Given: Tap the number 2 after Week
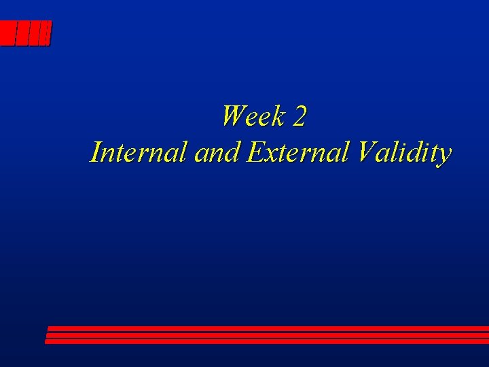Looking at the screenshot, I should pos(300,118).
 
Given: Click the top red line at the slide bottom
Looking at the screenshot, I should pos(268,328).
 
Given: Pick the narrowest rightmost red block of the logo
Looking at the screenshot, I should pos(46,33).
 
